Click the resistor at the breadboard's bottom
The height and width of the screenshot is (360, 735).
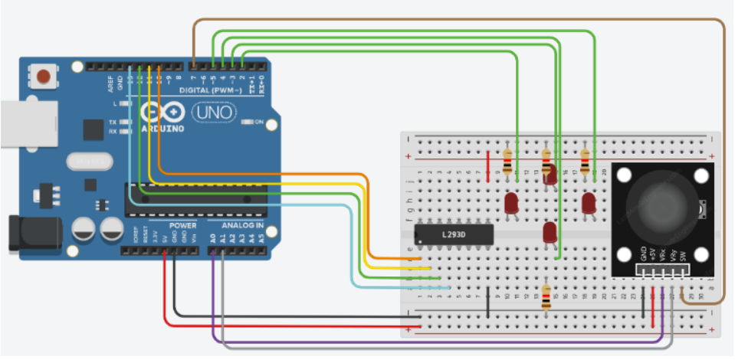coord(546,298)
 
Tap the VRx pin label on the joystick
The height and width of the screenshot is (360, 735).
coord(661,252)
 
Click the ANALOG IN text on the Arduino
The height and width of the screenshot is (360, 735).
coord(242,226)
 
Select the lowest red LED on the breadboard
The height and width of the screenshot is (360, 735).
coord(549,232)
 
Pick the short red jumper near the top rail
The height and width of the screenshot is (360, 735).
coord(488,166)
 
